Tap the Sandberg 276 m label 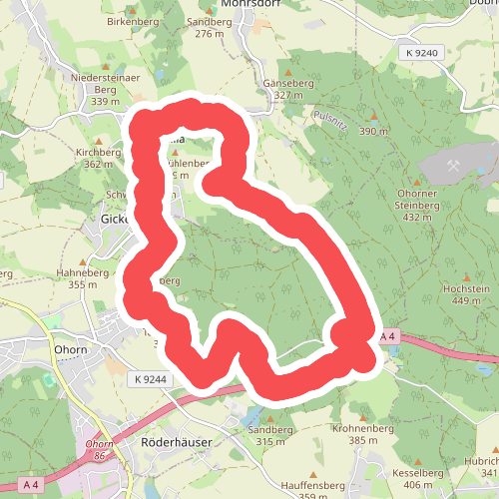click(x=209, y=27)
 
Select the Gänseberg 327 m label click(x=287, y=89)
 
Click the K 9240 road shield click(x=422, y=51)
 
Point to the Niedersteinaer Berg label click(x=104, y=82)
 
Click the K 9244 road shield click(x=148, y=379)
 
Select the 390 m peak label click(x=373, y=132)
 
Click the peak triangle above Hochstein click(x=466, y=274)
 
